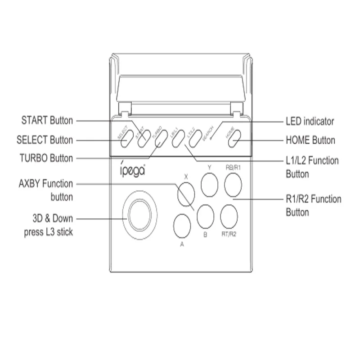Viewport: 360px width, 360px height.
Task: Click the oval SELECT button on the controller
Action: tap(126, 140)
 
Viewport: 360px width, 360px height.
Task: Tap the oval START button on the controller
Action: tap(143, 140)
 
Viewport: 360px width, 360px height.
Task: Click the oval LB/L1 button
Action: tap(177, 140)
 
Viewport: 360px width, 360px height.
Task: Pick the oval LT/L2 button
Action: tap(194, 140)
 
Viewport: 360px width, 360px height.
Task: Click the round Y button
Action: tap(209, 185)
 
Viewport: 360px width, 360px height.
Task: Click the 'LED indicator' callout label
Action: tap(310, 121)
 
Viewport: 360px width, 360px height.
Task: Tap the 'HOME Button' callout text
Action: tap(310, 140)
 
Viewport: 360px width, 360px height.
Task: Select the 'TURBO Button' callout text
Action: tap(46, 158)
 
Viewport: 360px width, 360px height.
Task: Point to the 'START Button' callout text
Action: tap(47, 121)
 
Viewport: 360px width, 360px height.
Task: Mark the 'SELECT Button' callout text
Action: tap(44, 140)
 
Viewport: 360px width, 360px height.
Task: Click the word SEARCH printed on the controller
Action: tap(209, 133)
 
